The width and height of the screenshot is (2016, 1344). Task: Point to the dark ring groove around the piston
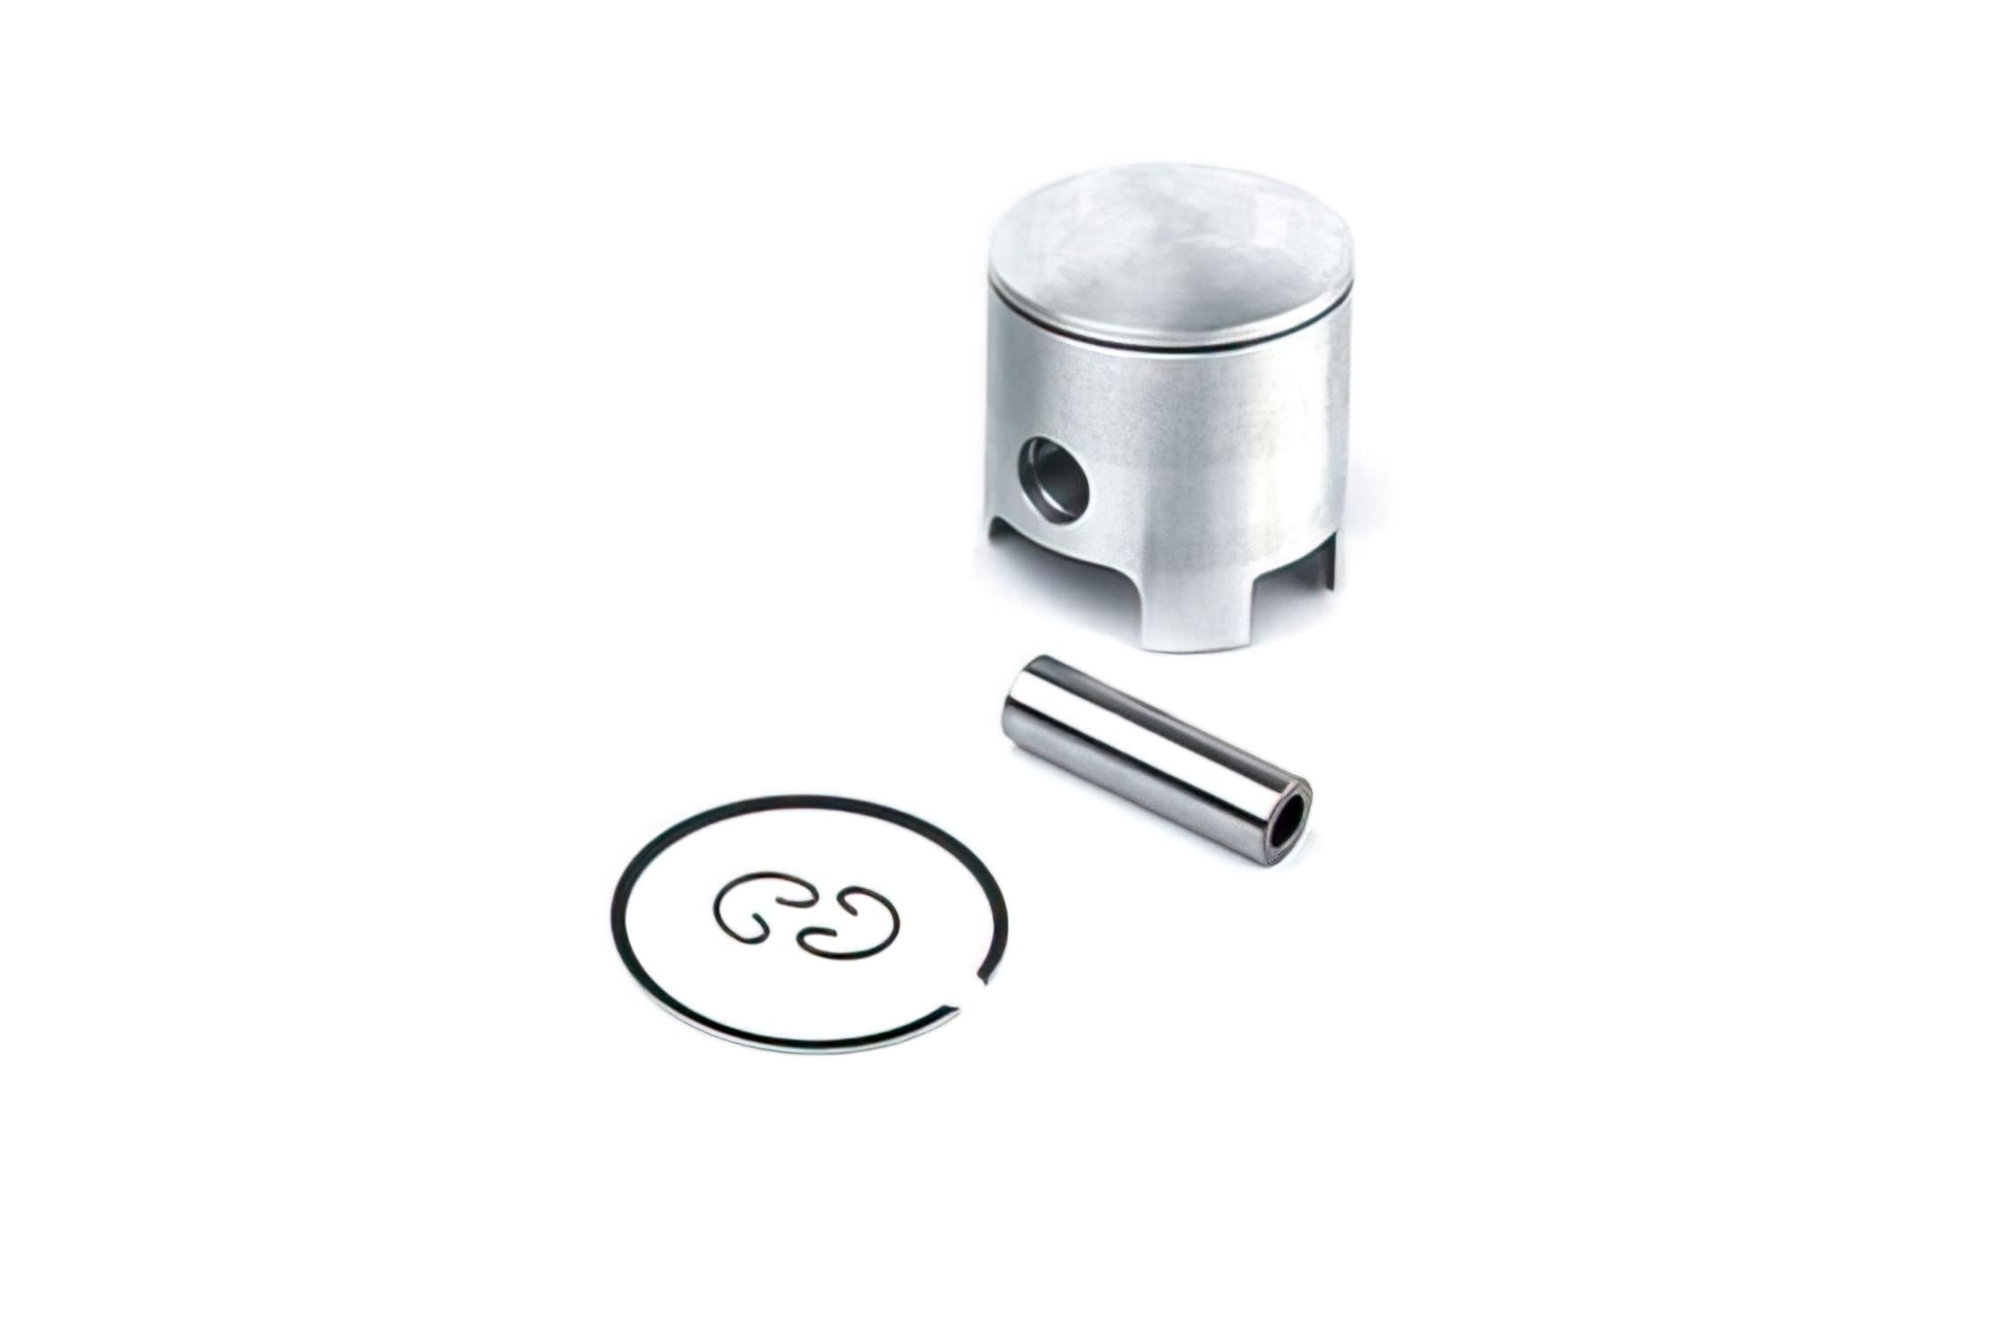coord(1165,338)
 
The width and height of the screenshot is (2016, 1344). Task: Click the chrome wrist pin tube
coord(1156,747)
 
